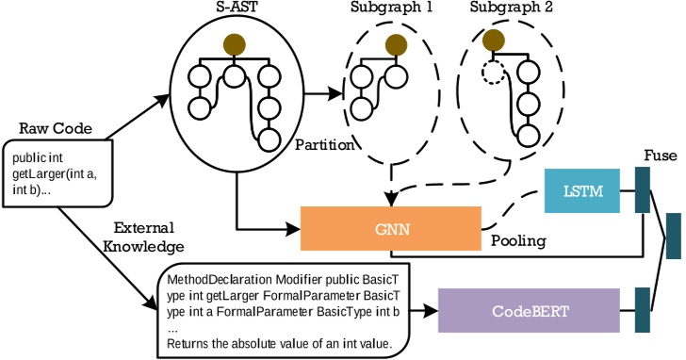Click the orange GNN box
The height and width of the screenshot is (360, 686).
(x=390, y=227)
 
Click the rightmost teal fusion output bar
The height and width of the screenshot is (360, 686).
(x=673, y=236)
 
